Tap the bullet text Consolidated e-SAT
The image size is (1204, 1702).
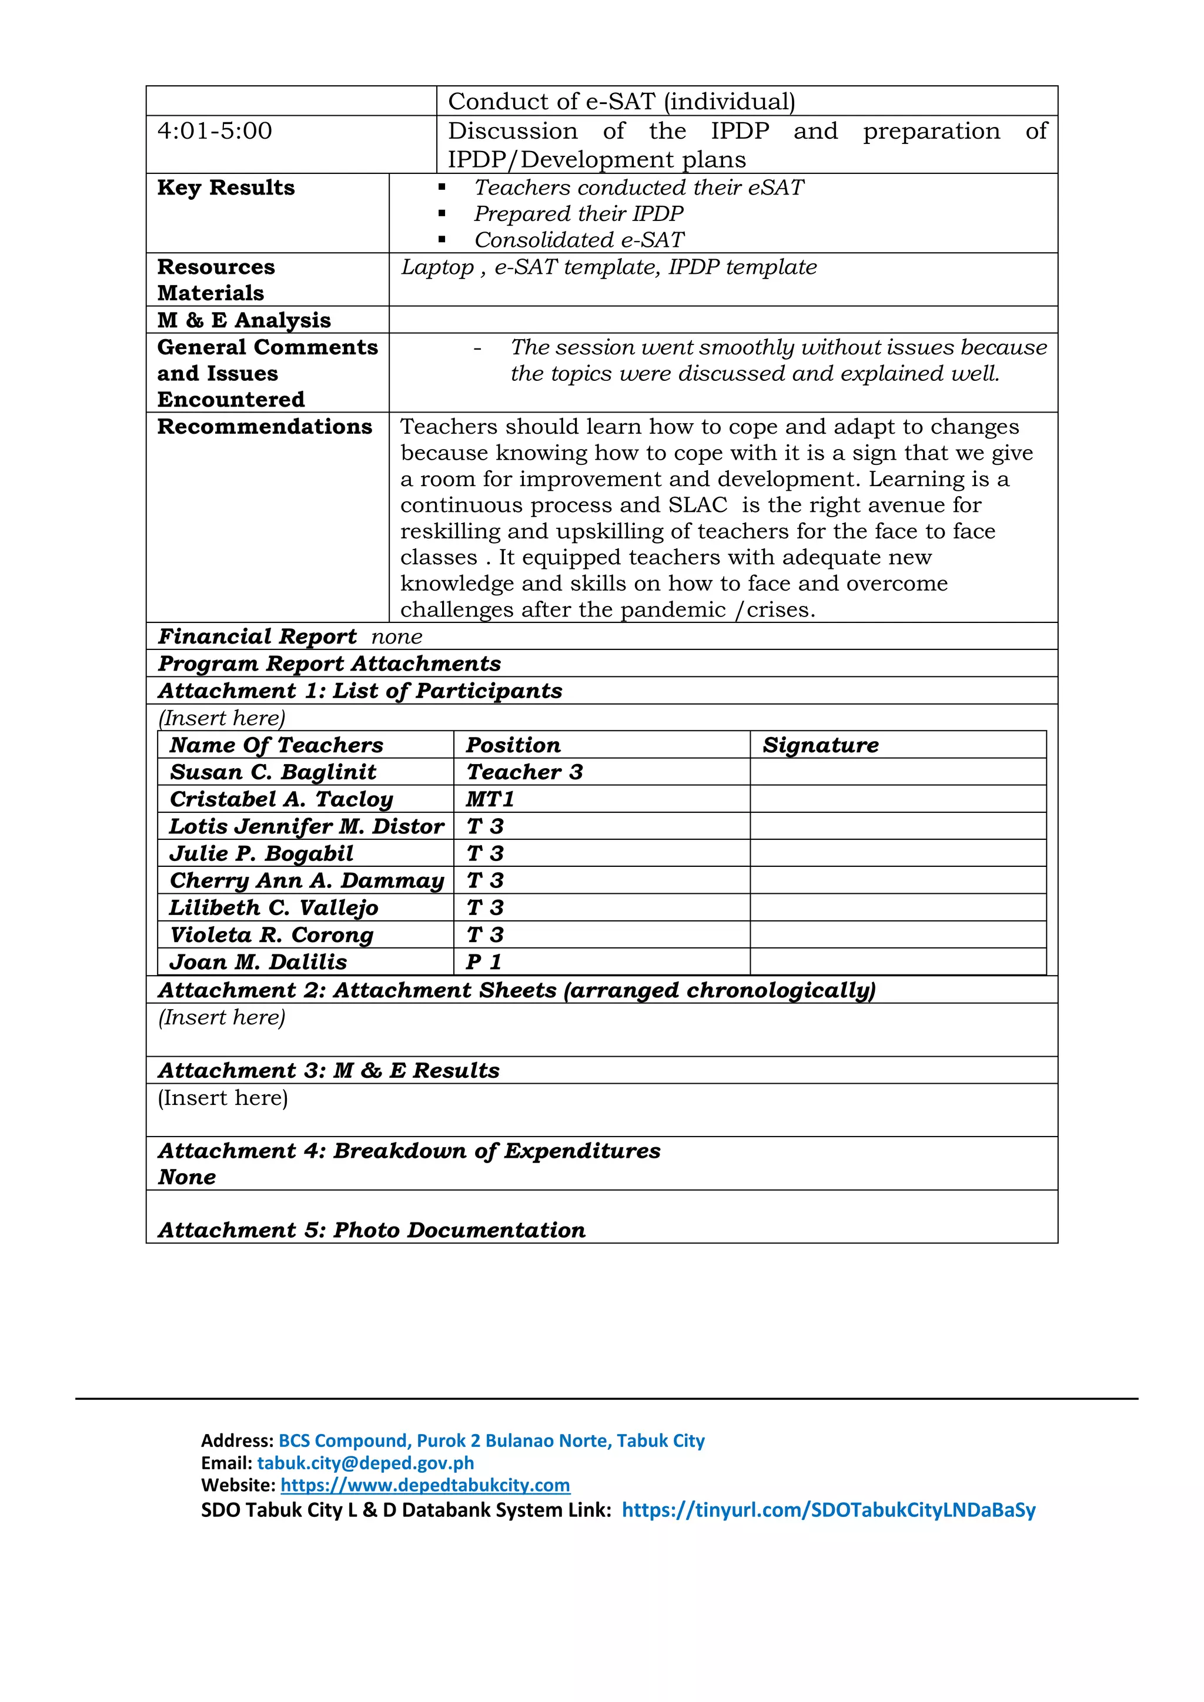[x=578, y=239]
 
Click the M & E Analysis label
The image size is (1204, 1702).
[x=244, y=320]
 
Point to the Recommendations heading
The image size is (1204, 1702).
[x=264, y=426]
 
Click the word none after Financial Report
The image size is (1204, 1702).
[x=397, y=636]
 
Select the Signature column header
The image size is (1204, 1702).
[x=820, y=744]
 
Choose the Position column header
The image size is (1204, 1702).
[x=513, y=744]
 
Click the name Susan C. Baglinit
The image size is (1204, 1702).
[x=273, y=772]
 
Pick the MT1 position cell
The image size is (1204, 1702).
[x=490, y=799]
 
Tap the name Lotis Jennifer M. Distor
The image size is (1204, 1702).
[x=306, y=826]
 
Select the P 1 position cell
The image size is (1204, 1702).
[x=484, y=961]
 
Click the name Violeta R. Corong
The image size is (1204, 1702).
[x=272, y=935]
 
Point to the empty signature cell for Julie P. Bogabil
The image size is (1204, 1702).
[x=897, y=853]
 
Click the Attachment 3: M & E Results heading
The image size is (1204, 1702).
[x=329, y=1070]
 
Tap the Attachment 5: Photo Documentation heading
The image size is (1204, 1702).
[x=372, y=1230]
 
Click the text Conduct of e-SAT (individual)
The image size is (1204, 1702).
[x=621, y=101]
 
